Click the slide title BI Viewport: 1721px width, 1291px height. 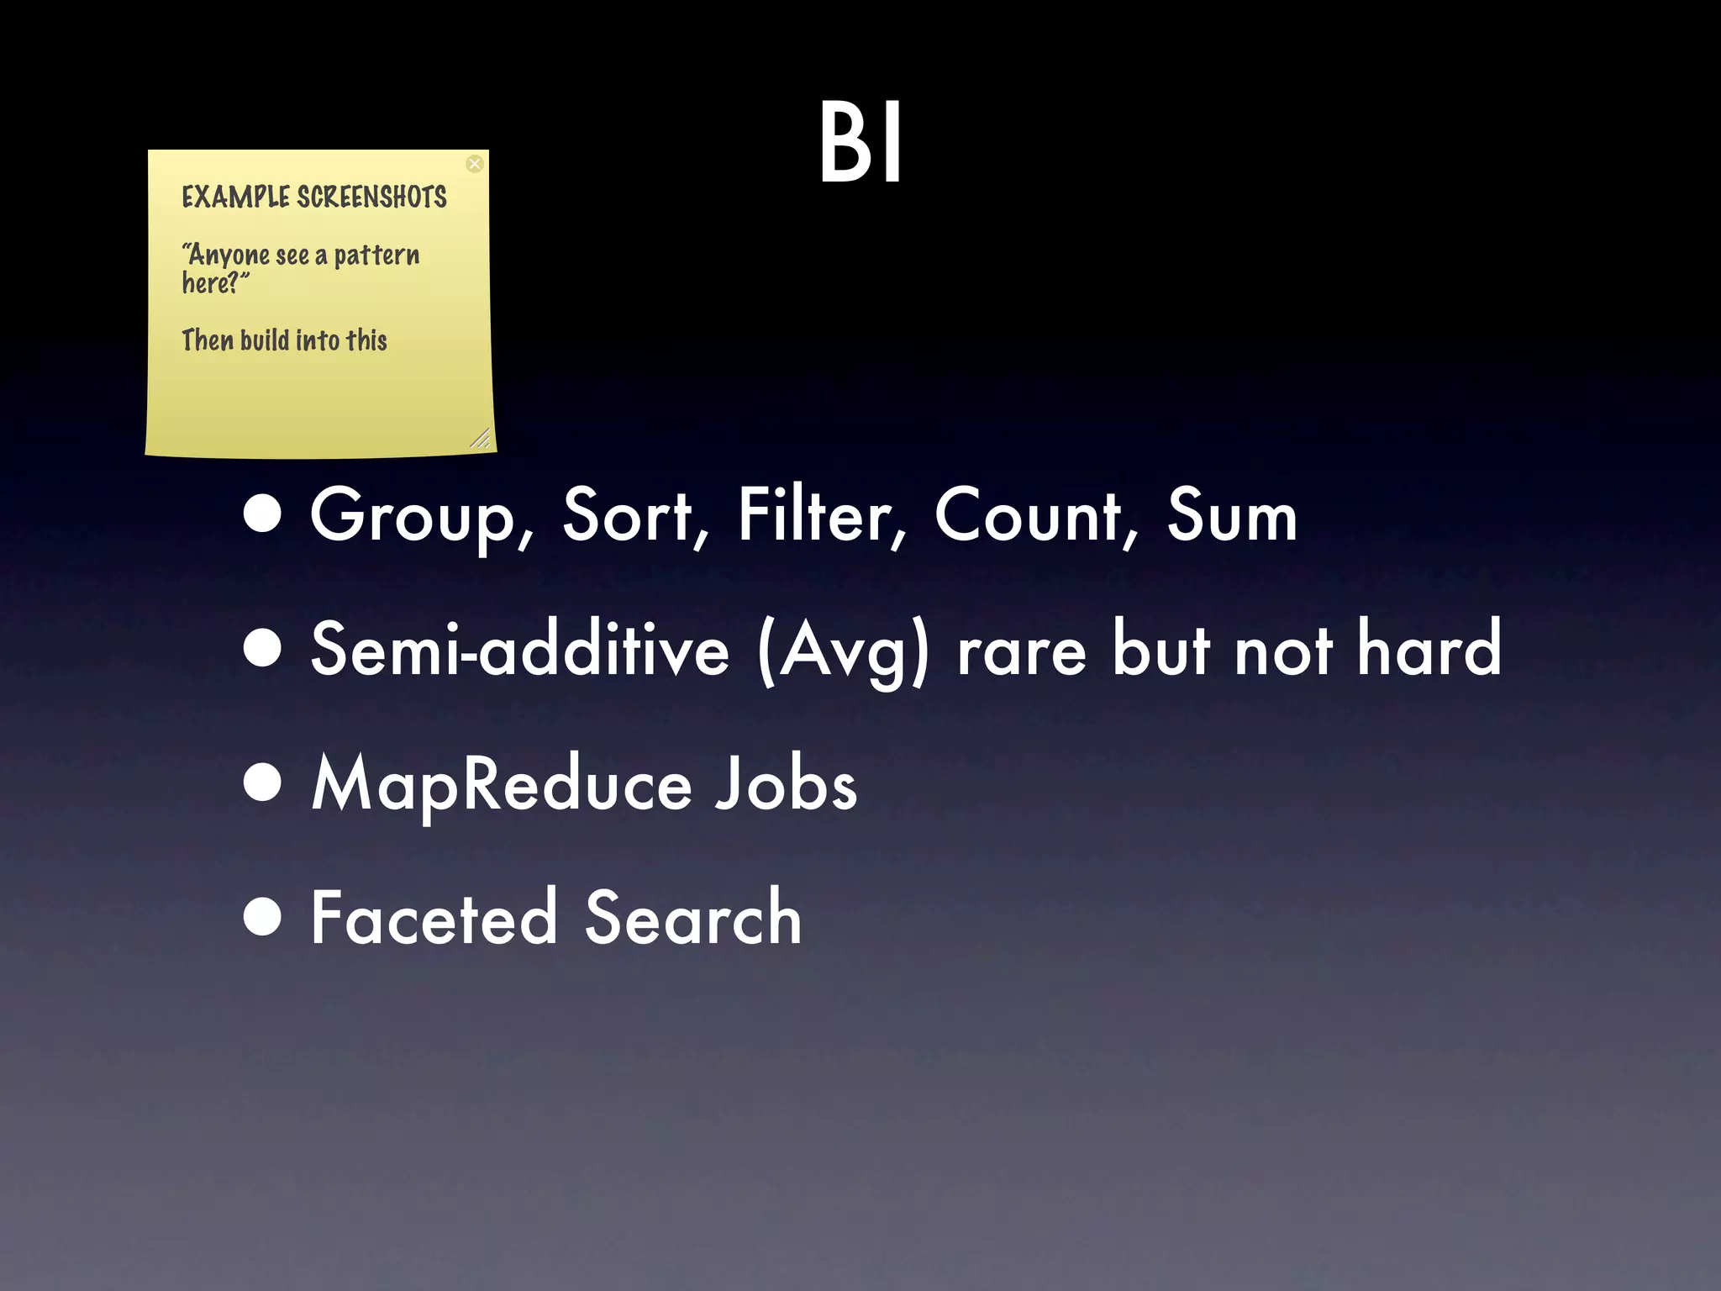(x=860, y=143)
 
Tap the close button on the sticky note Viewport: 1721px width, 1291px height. (x=475, y=164)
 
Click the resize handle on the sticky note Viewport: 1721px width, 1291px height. (x=480, y=438)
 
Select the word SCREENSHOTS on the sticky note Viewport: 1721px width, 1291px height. (x=372, y=198)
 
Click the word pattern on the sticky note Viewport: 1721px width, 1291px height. (x=376, y=255)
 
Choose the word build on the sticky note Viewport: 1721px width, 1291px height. (x=265, y=340)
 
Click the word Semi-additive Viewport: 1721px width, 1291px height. (x=519, y=649)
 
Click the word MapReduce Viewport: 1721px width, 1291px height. (x=502, y=784)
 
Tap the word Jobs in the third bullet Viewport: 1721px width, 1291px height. (x=786, y=783)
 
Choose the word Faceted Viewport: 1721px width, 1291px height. (x=434, y=917)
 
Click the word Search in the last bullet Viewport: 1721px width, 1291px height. (x=693, y=917)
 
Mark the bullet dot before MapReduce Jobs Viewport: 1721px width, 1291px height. (x=263, y=783)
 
